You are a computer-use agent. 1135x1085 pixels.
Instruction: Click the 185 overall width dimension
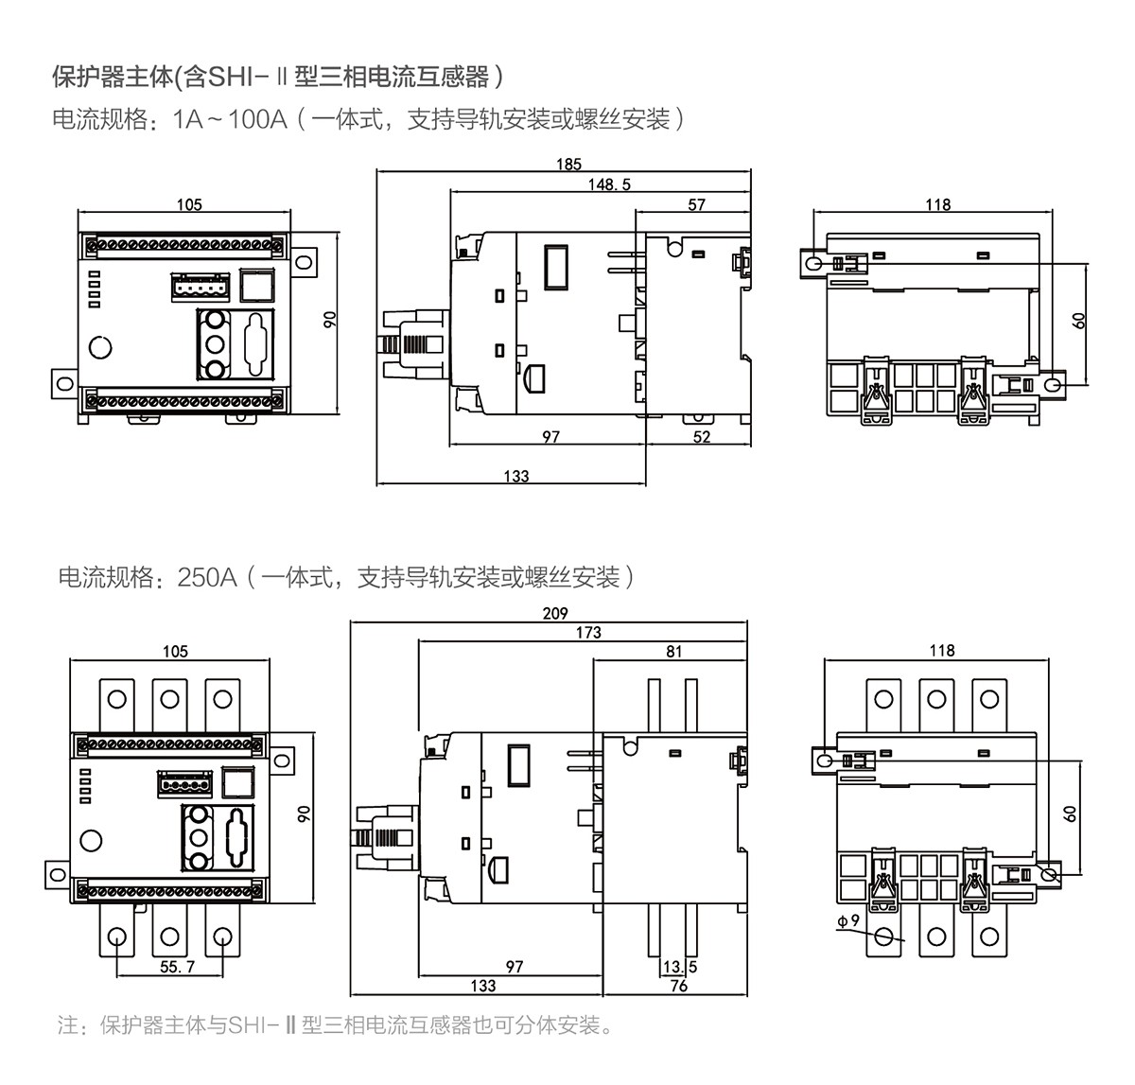pos(568,164)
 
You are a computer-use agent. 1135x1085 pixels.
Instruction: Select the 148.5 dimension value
pos(609,184)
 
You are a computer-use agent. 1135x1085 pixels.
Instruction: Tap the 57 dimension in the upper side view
pos(696,204)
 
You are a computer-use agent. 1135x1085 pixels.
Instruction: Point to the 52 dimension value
pos(701,437)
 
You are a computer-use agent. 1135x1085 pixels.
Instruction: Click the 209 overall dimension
pos(555,613)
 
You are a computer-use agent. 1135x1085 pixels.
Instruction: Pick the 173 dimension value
pos(588,632)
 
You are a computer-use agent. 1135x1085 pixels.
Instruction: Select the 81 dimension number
pos(673,651)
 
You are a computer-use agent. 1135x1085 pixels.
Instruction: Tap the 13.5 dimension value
pos(679,967)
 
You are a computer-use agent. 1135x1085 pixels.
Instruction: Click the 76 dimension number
pos(678,986)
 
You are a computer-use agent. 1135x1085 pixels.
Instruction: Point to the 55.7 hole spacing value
pos(177,967)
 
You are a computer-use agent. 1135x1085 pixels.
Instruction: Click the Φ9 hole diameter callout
pos(847,920)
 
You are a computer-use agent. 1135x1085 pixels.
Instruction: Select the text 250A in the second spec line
pos(206,577)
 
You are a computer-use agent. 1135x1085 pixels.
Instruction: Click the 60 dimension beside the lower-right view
pos(1070,813)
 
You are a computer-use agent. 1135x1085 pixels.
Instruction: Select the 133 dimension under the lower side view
pos(482,986)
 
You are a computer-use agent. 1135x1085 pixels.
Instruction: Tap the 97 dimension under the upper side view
pos(550,437)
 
